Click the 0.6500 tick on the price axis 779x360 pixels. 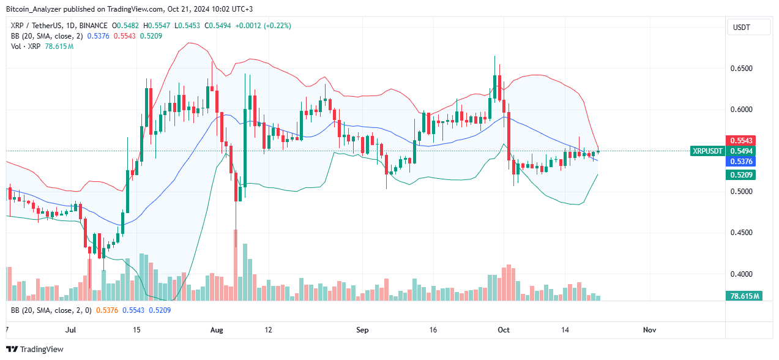744,69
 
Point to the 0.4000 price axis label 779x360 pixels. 744,274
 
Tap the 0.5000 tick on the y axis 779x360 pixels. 744,192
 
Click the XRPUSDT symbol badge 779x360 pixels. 707,151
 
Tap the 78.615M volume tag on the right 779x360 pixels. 744,296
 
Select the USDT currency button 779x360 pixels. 743,28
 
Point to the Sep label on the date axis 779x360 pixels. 362,330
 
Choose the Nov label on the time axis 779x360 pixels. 649,330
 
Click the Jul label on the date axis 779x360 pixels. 70,330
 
